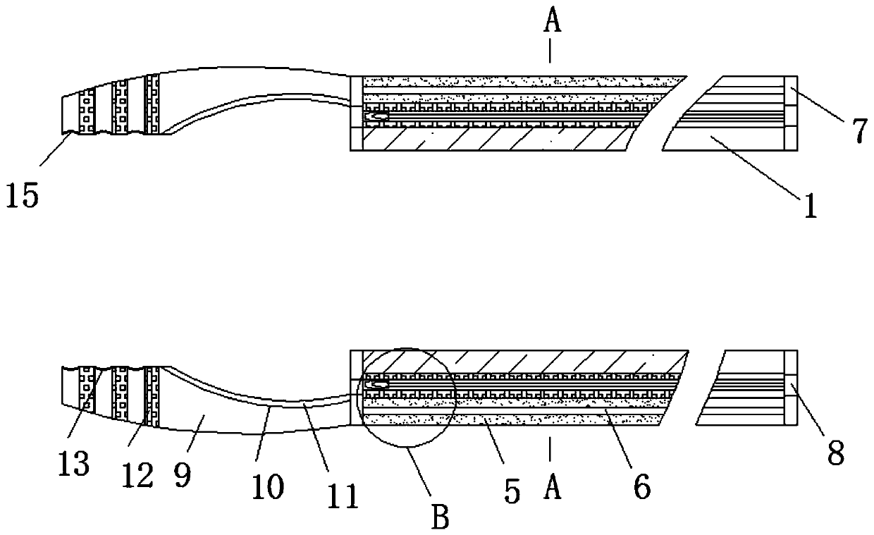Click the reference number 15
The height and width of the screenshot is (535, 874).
coord(23,195)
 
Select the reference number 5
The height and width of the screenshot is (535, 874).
coord(512,490)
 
